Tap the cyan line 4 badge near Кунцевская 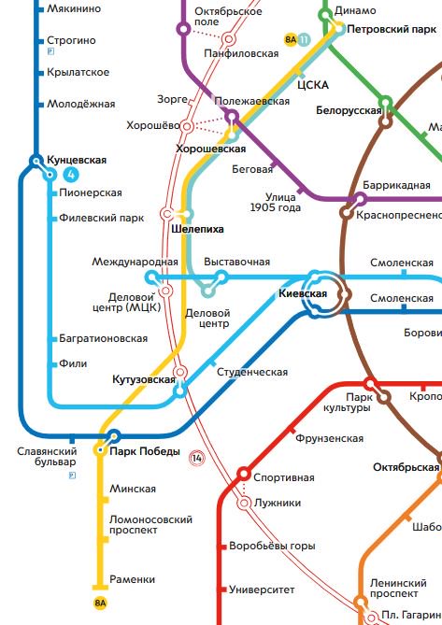point(72,175)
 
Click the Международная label point(135,262)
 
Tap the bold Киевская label point(303,293)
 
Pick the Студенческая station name point(252,372)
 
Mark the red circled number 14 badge point(196,458)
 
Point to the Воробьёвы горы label point(272,546)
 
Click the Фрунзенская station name point(329,438)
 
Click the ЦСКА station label point(312,85)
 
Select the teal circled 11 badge point(304,39)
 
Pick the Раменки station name point(132,579)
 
